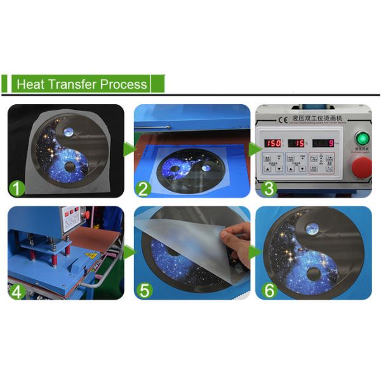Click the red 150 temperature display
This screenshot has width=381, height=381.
point(273,144)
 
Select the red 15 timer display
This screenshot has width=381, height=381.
point(297,144)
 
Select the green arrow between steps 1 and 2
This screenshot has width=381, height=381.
point(129,150)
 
